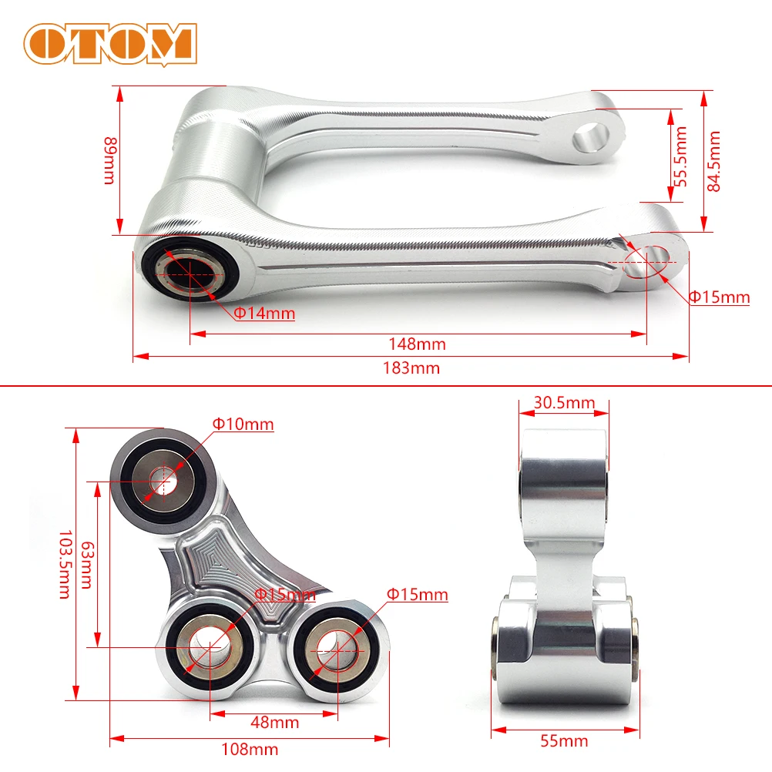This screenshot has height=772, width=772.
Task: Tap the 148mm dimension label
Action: click(x=417, y=344)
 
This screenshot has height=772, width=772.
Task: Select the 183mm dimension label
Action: click(x=411, y=368)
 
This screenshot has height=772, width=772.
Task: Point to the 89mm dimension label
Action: click(x=109, y=160)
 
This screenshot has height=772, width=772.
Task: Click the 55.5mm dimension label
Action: click(x=680, y=154)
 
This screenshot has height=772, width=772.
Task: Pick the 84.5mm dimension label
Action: click(x=714, y=161)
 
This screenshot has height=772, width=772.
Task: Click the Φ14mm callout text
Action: click(x=264, y=314)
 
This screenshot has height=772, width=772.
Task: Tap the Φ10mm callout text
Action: click(x=243, y=424)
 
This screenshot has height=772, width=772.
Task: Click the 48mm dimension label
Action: click(x=275, y=722)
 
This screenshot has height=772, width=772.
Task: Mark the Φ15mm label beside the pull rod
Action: click(x=718, y=297)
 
